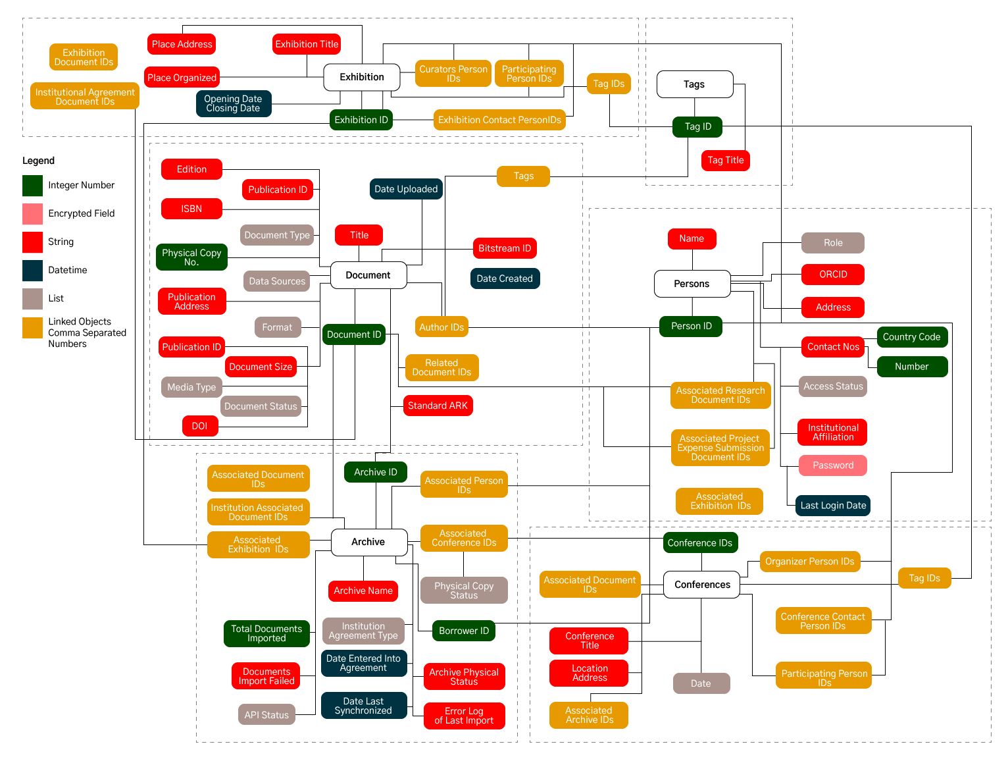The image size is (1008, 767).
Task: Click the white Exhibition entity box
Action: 361,77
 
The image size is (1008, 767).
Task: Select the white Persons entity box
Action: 692,284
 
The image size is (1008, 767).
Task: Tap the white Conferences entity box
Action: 701,585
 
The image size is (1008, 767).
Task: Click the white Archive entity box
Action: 368,542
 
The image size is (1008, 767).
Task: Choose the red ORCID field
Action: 832,275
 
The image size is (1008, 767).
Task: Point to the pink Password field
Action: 832,465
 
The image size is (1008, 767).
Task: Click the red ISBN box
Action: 191,209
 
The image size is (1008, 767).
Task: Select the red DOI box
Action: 199,426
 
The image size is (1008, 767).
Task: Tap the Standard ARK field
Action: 438,406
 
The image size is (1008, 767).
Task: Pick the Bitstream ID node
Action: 504,248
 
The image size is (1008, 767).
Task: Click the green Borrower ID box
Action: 463,631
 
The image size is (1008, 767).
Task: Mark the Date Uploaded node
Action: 405,189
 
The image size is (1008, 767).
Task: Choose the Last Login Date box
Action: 832,506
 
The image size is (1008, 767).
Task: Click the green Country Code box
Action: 911,337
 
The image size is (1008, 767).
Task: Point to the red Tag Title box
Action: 725,160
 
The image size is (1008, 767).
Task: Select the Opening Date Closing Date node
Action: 233,104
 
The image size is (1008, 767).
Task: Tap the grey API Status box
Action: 266,715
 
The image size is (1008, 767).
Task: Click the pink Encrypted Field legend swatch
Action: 32,214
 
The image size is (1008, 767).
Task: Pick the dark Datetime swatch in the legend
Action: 32,271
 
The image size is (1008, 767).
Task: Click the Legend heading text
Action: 38,161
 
